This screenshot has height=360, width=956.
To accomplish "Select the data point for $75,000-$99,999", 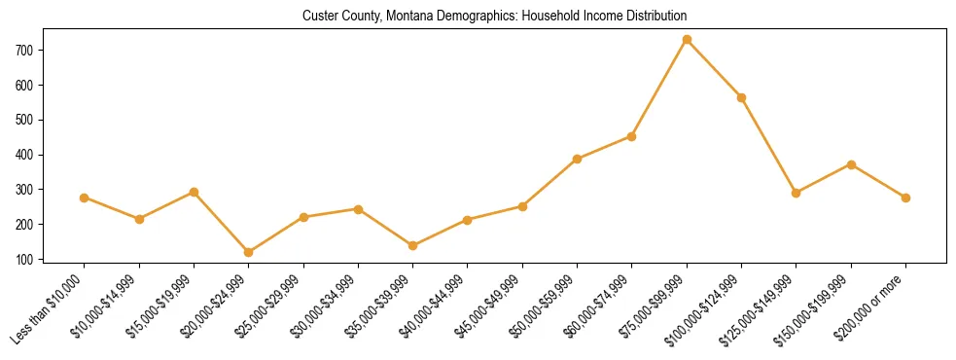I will pos(687,40).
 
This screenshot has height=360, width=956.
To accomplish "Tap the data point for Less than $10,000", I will pos(85,198).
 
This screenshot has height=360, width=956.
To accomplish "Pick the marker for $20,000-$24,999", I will pos(249,252).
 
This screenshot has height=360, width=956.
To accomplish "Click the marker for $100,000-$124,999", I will pos(742,97).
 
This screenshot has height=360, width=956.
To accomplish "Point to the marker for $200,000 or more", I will pos(905,198).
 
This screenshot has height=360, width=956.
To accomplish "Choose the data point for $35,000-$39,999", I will pos(413,245).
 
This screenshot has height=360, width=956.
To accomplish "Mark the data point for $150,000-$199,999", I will pos(851,164).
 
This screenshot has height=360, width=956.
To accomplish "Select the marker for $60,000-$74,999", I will pos(632,136).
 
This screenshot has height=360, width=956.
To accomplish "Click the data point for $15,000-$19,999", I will pos(195,192).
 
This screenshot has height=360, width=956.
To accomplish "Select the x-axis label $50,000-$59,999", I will pos(549,306).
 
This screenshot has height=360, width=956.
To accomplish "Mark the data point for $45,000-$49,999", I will pos(522,206).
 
